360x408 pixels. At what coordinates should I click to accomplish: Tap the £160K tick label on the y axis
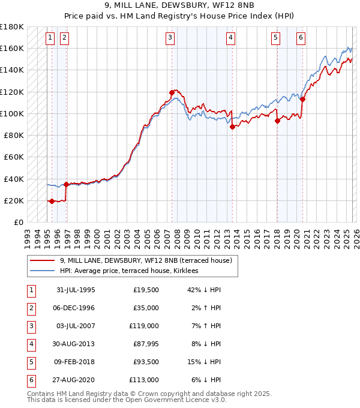coord(12,48)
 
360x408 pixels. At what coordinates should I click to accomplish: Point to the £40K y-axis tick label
coord(14,179)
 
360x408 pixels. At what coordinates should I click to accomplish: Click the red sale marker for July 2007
coord(172,92)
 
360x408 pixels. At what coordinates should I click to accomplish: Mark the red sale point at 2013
coord(232,127)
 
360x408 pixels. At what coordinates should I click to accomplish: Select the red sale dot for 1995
coord(52,201)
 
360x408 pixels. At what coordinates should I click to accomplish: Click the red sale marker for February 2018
coord(277,121)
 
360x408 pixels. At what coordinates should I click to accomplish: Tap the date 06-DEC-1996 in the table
coord(76,308)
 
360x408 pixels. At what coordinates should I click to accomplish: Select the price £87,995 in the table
coord(145,344)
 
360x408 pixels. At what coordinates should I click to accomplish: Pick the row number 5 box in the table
coord(31,362)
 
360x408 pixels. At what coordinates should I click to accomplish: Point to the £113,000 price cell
coord(145,380)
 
